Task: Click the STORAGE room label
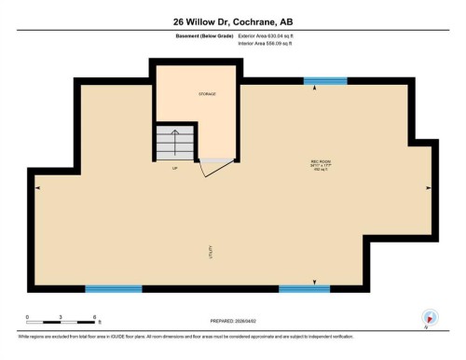[206, 94]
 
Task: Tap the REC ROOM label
[321, 161]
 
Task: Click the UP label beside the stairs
[174, 168]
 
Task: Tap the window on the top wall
[324, 81]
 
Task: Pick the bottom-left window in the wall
[113, 289]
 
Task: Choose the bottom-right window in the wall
[305, 289]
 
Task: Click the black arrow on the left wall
[37, 187]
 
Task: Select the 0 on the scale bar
[27, 317]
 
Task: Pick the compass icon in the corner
[429, 316]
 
